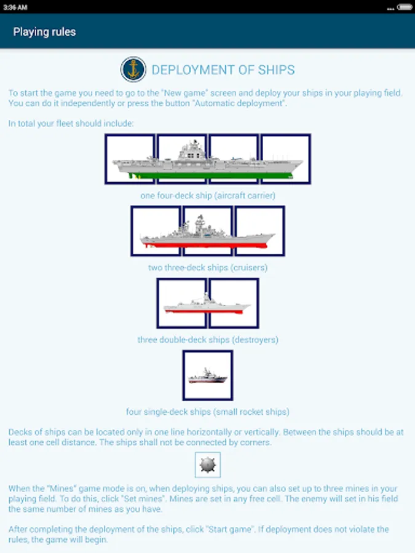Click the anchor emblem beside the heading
tap(133, 69)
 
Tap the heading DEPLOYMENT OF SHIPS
tap(223, 69)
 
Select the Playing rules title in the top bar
tap(44, 31)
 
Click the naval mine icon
tap(207, 465)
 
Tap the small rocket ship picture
tap(207, 375)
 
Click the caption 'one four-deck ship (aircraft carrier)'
tap(207, 195)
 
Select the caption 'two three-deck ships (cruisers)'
tap(207, 267)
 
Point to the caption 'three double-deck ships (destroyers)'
tap(207, 339)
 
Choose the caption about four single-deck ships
tap(207, 412)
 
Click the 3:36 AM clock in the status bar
tap(14, 7)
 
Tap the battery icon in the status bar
tap(405, 7)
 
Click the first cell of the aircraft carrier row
tap(129, 159)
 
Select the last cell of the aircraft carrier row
tap(286, 159)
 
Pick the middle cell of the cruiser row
tap(207, 231)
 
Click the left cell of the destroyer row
tap(181, 303)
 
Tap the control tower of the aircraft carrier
tap(192, 151)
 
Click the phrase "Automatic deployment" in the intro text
tap(240, 103)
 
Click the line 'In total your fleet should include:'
tap(71, 124)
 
